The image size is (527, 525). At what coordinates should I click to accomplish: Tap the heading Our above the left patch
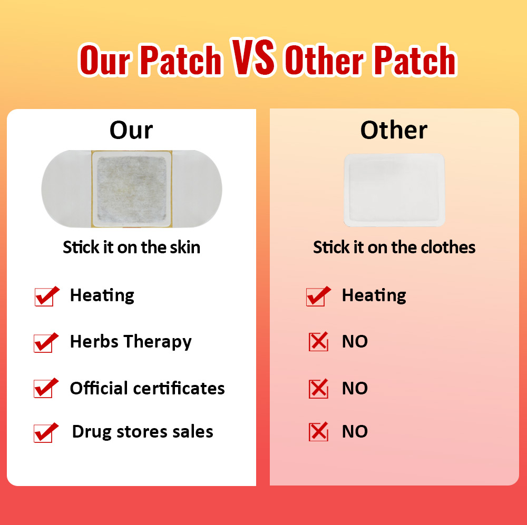[131, 130]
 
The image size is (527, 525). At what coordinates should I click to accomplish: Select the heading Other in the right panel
[394, 130]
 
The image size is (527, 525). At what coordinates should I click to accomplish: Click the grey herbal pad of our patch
[132, 189]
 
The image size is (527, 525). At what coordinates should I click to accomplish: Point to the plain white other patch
[394, 190]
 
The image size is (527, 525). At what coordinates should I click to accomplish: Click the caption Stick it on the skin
[132, 247]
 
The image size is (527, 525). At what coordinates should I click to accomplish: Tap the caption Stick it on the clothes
[394, 247]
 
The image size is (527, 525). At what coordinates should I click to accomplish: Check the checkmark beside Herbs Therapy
[45, 342]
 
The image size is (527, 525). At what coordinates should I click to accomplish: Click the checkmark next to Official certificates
[45, 389]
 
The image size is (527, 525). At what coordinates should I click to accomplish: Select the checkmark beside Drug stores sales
[45, 432]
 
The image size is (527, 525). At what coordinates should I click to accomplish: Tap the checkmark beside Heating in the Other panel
[318, 296]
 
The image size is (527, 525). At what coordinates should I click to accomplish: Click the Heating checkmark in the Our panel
[46, 296]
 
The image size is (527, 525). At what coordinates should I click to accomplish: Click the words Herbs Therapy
[131, 342]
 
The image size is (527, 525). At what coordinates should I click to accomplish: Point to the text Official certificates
[147, 389]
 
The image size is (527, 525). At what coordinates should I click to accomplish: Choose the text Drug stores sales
[142, 432]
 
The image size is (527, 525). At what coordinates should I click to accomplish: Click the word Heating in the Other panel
[374, 295]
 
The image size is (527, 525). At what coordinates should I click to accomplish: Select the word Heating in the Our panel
[102, 295]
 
